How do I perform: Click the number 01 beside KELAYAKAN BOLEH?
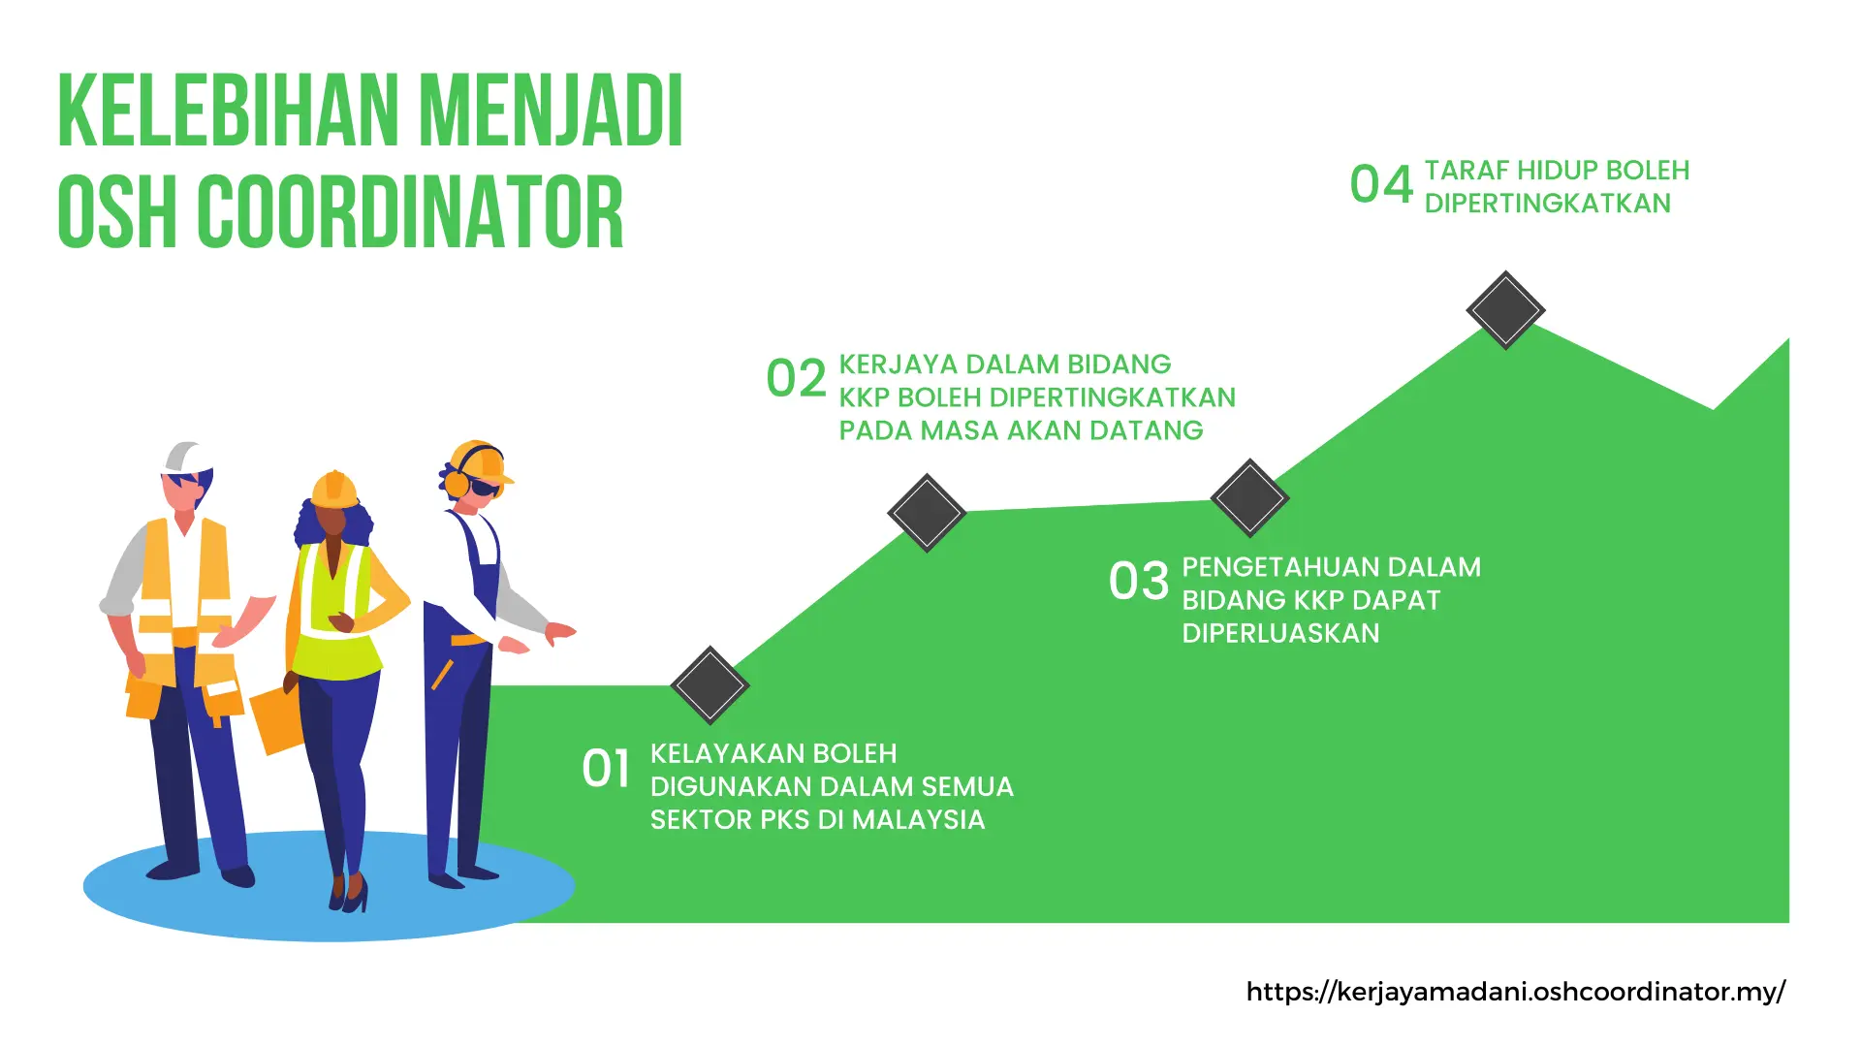606,769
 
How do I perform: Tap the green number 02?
796,378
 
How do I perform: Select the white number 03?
1139,582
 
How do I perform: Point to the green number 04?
1381,184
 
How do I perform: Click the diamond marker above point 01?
710,685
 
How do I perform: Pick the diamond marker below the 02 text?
927,513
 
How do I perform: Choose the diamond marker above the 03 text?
1249,498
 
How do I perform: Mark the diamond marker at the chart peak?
1505,310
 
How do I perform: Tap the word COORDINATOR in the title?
411,213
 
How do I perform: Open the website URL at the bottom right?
1515,992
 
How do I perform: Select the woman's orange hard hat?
334,491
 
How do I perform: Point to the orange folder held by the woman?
277,719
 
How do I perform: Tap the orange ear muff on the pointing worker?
456,483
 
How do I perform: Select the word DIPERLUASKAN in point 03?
1280,633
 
